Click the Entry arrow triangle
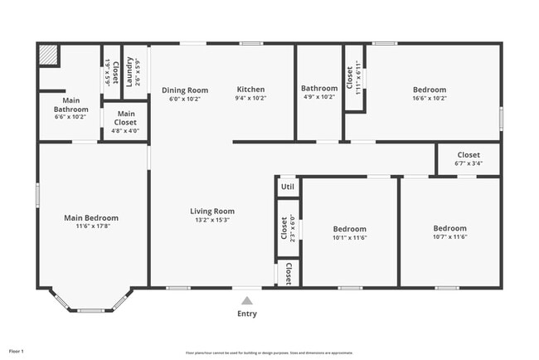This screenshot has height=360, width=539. (247, 301)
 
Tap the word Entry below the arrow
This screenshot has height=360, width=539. (247, 314)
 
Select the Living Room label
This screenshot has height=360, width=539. (212, 212)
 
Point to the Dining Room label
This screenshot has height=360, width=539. (185, 90)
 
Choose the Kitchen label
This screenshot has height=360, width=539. (250, 90)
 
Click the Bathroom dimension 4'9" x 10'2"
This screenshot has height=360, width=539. (319, 97)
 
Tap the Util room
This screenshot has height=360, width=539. (288, 187)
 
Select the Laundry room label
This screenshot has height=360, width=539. (130, 71)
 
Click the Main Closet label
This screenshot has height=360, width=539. (126, 118)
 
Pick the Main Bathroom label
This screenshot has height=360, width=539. (71, 105)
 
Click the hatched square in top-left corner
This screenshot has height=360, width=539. (49, 56)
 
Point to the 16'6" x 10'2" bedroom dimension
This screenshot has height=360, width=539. (430, 98)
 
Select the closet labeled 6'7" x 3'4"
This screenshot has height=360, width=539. (469, 159)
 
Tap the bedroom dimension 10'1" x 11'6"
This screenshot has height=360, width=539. (349, 237)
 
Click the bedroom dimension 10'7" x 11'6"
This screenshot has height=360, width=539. (449, 237)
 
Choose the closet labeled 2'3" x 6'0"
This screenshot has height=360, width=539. (288, 230)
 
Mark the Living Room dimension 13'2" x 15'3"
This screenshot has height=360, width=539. (212, 220)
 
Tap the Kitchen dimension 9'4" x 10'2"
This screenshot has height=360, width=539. (250, 98)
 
